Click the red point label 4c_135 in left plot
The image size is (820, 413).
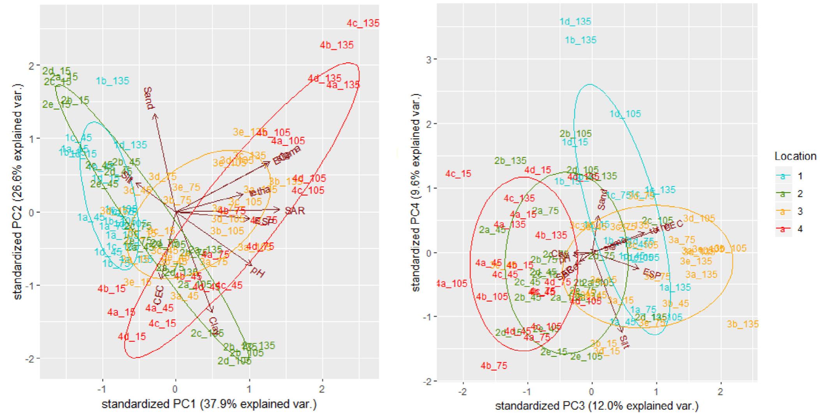pyautogui.click(x=363, y=23)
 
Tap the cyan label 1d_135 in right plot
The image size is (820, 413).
pyautogui.click(x=575, y=22)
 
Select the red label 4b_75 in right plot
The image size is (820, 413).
pyautogui.click(x=494, y=366)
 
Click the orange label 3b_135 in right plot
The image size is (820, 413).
pyautogui.click(x=742, y=324)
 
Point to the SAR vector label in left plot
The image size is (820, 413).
pyautogui.click(x=294, y=211)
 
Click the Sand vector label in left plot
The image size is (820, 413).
pyautogui.click(x=148, y=98)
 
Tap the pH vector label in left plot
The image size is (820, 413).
pyautogui.click(x=257, y=271)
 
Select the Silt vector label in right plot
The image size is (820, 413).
pyautogui.click(x=624, y=342)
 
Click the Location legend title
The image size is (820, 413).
pyautogui.click(x=795, y=156)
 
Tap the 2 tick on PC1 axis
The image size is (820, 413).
pyautogui.click(x=322, y=389)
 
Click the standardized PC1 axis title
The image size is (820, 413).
pyautogui.click(x=209, y=404)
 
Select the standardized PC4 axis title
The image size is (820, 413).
pyautogui.click(x=416, y=193)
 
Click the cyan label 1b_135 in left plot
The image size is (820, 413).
pyautogui.click(x=112, y=81)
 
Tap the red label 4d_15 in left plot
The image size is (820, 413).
pyautogui.click(x=132, y=336)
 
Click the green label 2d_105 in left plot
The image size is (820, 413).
pyautogui.click(x=234, y=361)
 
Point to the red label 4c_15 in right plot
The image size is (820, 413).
pyautogui.click(x=458, y=174)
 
